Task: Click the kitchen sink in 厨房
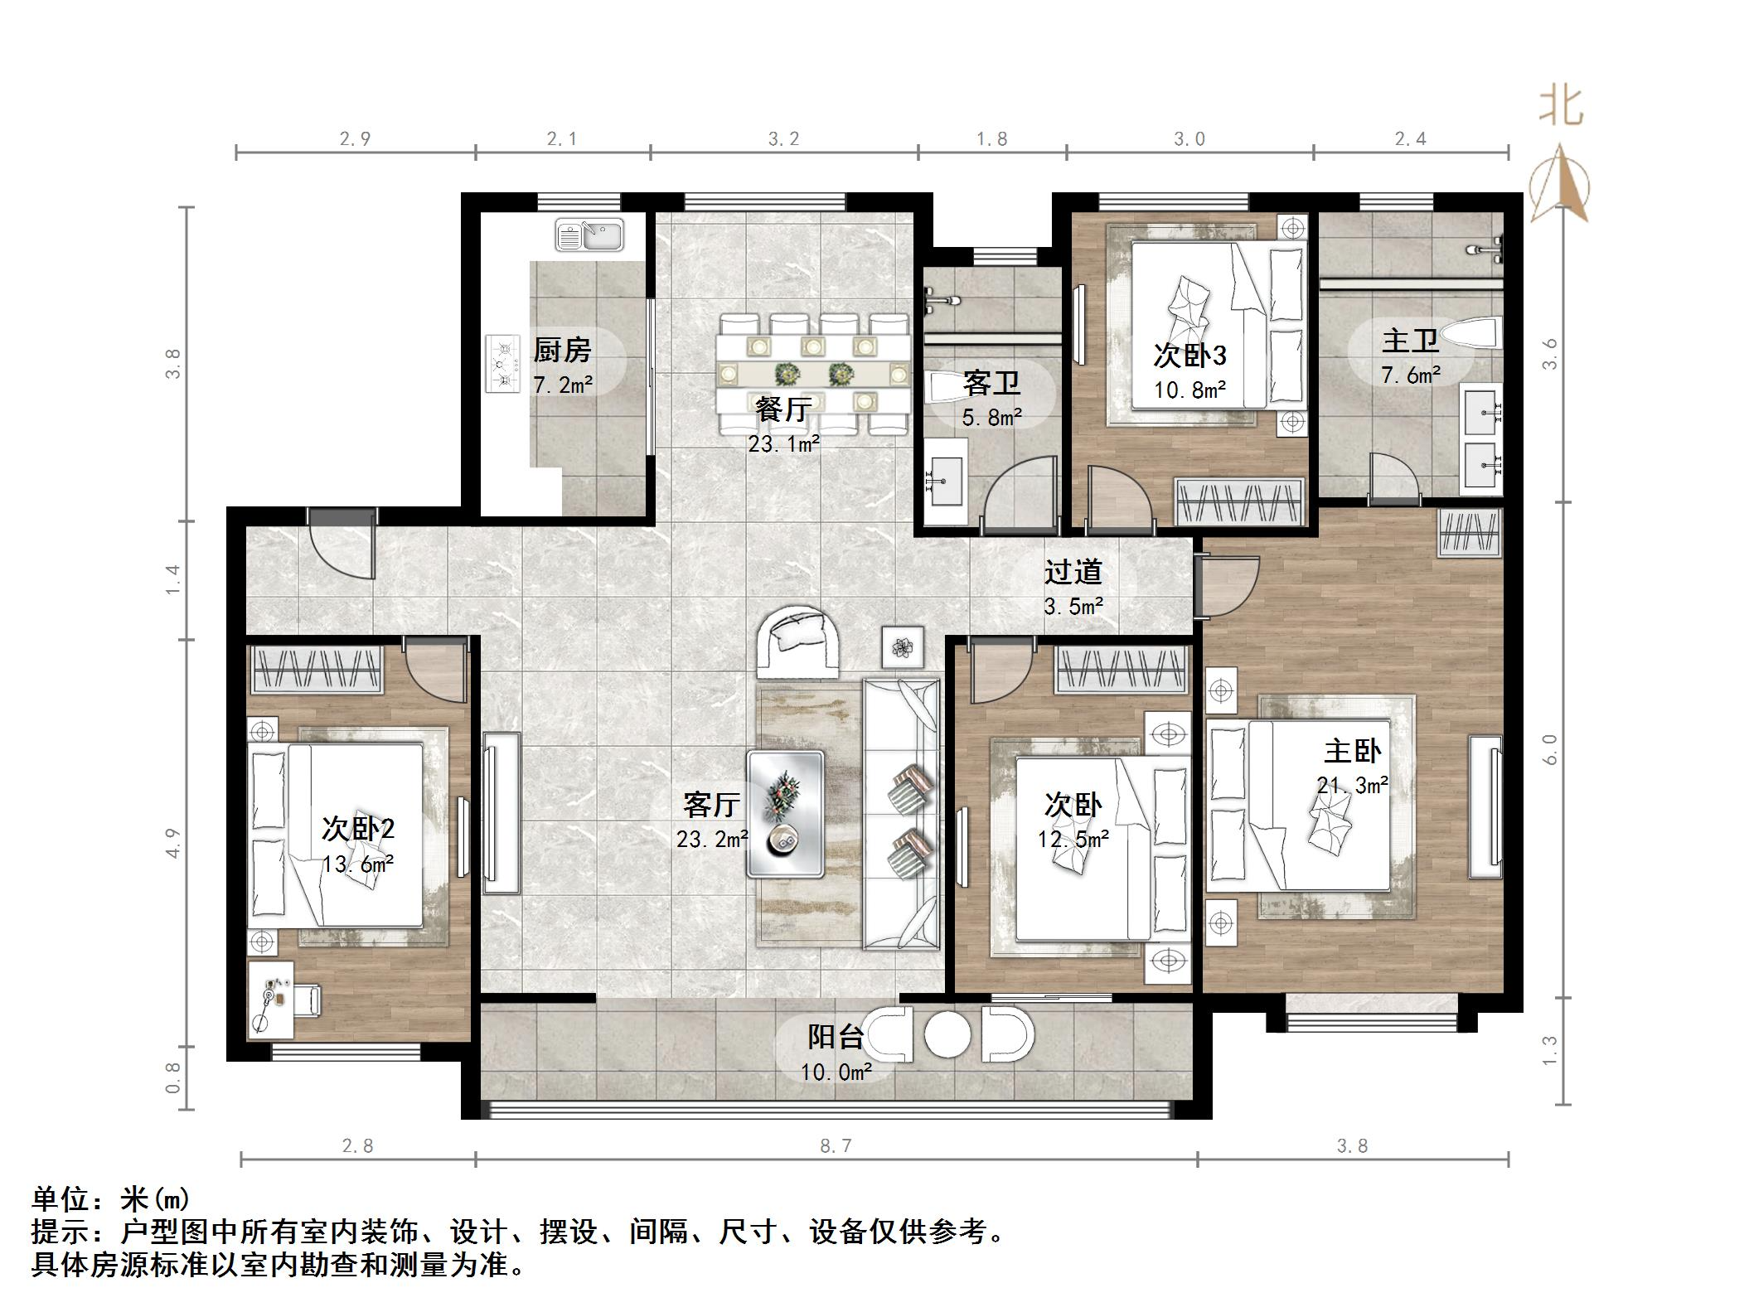pyautogui.click(x=589, y=234)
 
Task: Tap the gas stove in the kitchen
pyautogui.click(x=501, y=363)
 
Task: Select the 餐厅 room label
pyautogui.click(x=782, y=408)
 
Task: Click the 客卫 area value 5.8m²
pyautogui.click(x=991, y=417)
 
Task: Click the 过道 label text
pyautogui.click(x=1073, y=571)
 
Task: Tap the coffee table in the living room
pyautogui.click(x=785, y=814)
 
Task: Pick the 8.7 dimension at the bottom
pyautogui.click(x=836, y=1145)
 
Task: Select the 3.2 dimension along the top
pyautogui.click(x=783, y=138)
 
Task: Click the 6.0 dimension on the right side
pyautogui.click(x=1550, y=750)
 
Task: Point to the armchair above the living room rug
pyautogui.click(x=800, y=642)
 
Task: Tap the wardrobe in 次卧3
pyautogui.click(x=1241, y=501)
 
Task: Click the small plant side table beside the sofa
pyautogui.click(x=903, y=646)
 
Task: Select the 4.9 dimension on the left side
pyautogui.click(x=172, y=843)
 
